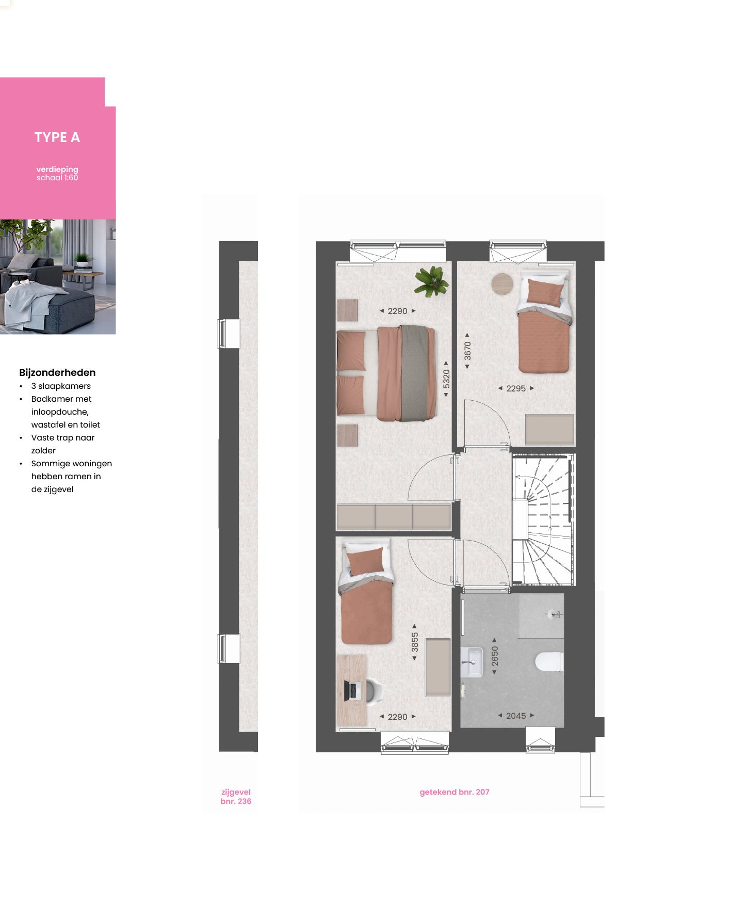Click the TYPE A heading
[x=57, y=137]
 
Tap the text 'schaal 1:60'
[x=57, y=178]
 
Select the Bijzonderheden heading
[x=57, y=372]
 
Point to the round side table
[x=502, y=283]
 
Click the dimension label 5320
[x=446, y=379]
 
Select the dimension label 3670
[x=467, y=351]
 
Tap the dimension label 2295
[x=516, y=388]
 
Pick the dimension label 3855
[x=415, y=642]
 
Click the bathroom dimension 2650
[x=495, y=656]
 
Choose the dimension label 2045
[x=516, y=716]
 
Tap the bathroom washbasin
[x=472, y=662]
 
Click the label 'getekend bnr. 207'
[x=454, y=792]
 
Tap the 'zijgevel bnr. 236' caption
[x=236, y=797]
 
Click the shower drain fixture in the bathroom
[x=554, y=614]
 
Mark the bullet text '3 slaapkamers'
[x=61, y=386]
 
